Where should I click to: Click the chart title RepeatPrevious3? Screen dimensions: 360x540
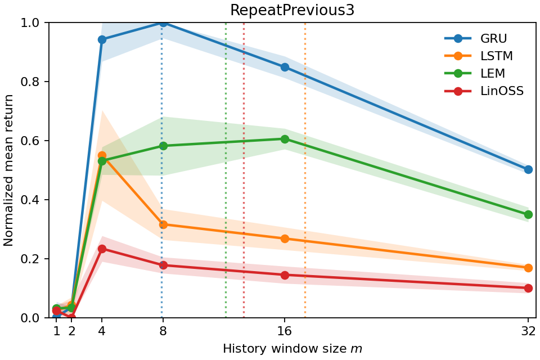(292, 10)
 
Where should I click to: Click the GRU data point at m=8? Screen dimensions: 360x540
(163, 22)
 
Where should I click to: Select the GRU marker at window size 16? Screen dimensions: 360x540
(285, 67)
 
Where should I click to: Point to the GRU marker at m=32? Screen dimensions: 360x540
(528, 169)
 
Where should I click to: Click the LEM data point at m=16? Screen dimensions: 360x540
(285, 139)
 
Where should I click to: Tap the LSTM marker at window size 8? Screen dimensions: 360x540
(163, 224)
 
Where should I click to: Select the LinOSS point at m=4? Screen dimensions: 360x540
(102, 249)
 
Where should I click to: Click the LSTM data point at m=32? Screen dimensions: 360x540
(528, 268)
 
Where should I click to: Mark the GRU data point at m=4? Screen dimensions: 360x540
(102, 39)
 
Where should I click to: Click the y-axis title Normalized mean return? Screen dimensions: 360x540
(9, 170)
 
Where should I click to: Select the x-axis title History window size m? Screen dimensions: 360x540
(292, 349)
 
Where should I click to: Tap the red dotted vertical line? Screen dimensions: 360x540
(244, 169)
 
